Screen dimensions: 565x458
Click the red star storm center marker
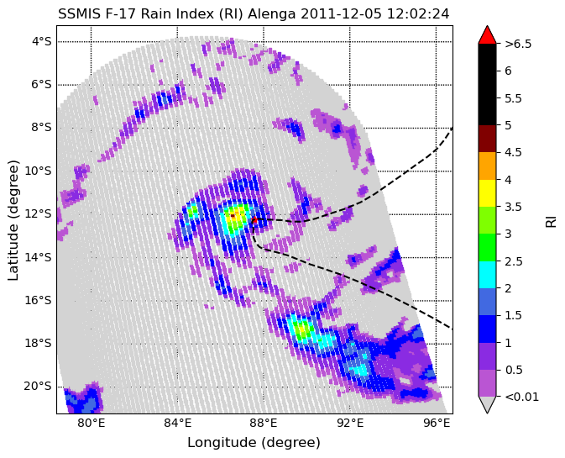pyautogui.click(x=254, y=219)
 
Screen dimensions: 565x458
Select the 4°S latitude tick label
pyautogui.click(x=42, y=41)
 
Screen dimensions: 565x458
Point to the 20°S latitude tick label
pyautogui.click(x=38, y=387)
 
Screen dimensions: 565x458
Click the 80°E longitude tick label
pyautogui.click(x=92, y=423)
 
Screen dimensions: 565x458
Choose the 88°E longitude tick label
pyautogui.click(x=264, y=423)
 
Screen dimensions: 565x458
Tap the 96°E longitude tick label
pyautogui.click(x=436, y=423)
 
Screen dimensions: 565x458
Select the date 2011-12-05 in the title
pyautogui.click(x=341, y=14)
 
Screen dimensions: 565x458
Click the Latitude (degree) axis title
pyautogui.click(x=13, y=221)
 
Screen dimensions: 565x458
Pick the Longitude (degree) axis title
pyautogui.click(x=254, y=443)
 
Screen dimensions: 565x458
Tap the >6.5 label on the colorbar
pyautogui.click(x=518, y=44)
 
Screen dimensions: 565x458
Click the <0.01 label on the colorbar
pyautogui.click(x=521, y=397)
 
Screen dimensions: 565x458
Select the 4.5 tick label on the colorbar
pyautogui.click(x=513, y=153)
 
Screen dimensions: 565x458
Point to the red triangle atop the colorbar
pyautogui.click(x=487, y=35)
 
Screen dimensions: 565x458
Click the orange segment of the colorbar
pyautogui.click(x=487, y=166)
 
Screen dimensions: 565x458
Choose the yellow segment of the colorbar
pyautogui.click(x=487, y=193)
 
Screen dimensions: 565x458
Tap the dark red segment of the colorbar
pyautogui.click(x=487, y=139)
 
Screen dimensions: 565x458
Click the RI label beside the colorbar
pyautogui.click(x=551, y=220)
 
